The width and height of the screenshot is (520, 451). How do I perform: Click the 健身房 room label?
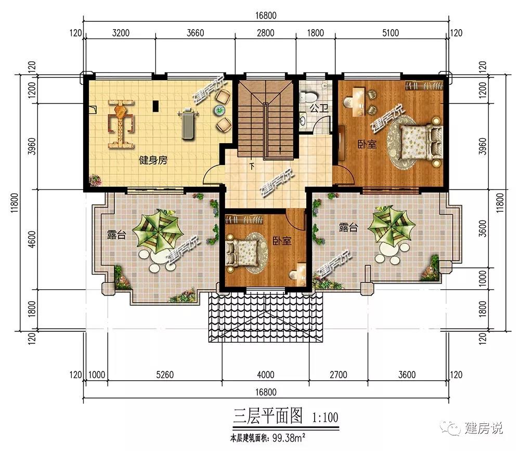[x=153, y=161]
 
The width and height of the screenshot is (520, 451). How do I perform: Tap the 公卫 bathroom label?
[x=319, y=108]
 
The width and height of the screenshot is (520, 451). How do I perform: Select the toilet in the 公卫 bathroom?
[x=309, y=97]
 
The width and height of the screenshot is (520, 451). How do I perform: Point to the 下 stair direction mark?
[x=252, y=166]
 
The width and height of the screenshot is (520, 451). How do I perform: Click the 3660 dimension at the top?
[x=196, y=33]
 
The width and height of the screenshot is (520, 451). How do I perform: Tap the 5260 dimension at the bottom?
[x=165, y=375]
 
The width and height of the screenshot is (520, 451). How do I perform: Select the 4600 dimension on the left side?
[x=32, y=239]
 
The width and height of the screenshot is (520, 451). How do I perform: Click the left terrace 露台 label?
[x=116, y=235]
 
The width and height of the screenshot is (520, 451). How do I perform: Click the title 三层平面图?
[x=268, y=416]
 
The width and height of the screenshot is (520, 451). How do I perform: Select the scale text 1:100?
[x=325, y=417]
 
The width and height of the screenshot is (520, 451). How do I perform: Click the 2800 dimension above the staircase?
[x=266, y=33]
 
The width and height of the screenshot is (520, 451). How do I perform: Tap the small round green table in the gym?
[x=219, y=110]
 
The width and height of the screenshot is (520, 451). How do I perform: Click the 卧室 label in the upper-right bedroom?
[x=367, y=144]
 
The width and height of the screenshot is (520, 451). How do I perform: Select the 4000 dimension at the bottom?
[x=266, y=375]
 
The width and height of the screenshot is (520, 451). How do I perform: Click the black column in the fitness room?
[x=155, y=106]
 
